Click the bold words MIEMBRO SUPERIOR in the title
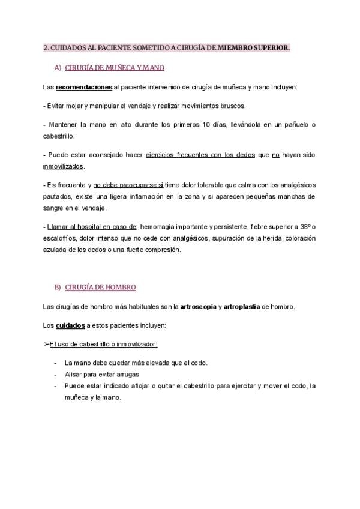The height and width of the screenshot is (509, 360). point(253,47)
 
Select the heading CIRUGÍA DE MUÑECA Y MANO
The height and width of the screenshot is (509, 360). point(114,68)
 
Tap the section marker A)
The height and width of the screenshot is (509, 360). point(58,68)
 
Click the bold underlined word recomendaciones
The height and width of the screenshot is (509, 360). point(84,88)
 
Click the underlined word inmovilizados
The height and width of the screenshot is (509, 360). point(64,166)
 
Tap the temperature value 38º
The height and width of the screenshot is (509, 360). point(308,227)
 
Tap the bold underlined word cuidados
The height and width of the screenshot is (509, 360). point(70,325)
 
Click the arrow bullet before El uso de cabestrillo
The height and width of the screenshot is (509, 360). point(47,344)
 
